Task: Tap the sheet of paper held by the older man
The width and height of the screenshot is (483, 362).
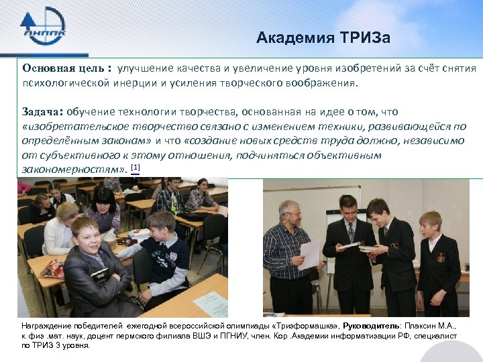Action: click(310, 255)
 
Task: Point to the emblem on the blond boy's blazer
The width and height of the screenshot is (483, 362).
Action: click(440, 257)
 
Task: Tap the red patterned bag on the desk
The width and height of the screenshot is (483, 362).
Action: click(52, 269)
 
